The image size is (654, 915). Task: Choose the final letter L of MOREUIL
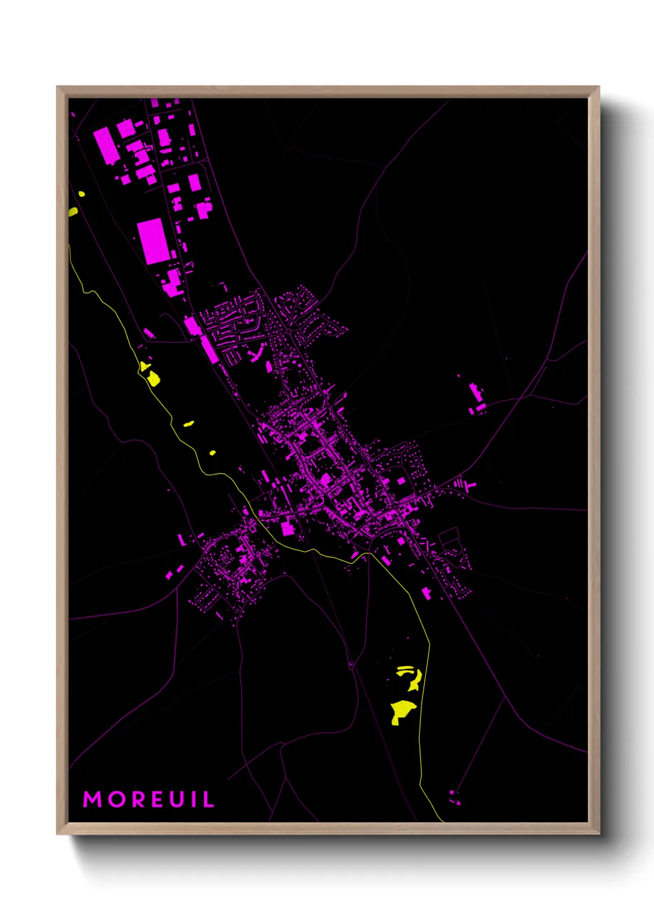point(208,799)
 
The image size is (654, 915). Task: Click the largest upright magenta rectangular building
point(153,240)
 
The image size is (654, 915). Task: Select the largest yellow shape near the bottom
point(402,711)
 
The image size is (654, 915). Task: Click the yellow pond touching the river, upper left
point(151,377)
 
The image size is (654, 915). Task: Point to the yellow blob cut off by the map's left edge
point(73,212)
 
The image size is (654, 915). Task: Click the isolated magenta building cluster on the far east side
point(477,398)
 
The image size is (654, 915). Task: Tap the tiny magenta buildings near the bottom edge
point(456,797)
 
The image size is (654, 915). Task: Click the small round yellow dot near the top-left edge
point(82,194)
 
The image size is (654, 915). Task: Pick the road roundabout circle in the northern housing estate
point(289,331)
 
